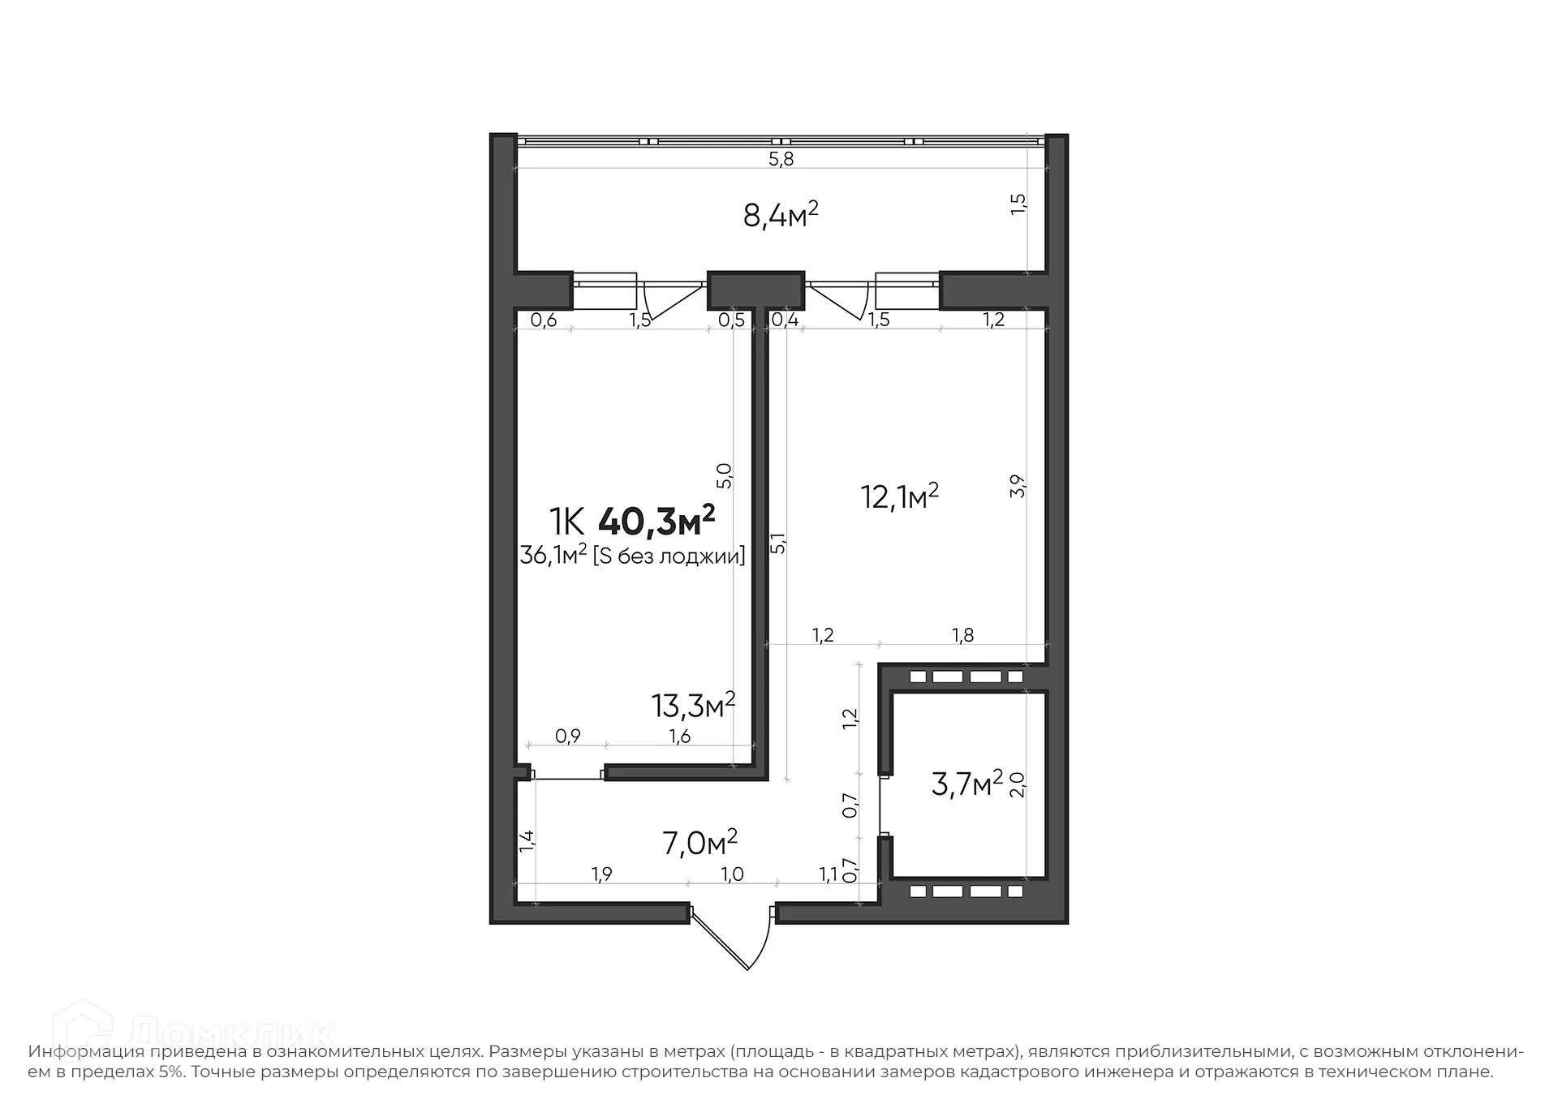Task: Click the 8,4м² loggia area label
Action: (780, 216)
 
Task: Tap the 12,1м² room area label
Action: (899, 496)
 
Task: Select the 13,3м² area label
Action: (693, 706)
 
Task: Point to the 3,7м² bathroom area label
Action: (966, 784)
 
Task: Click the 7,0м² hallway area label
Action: (699, 843)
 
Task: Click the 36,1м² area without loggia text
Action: (632, 556)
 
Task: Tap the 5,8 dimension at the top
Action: (781, 159)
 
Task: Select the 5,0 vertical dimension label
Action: (725, 475)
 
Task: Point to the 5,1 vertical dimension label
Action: (778, 543)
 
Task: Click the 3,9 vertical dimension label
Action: (1019, 486)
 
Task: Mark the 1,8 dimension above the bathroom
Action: (962, 635)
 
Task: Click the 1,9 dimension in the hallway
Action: (601, 874)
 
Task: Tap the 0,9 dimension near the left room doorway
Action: (567, 737)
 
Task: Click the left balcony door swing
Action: (669, 301)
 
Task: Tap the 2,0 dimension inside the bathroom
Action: (1018, 784)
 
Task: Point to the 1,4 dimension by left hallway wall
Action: (527, 840)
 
